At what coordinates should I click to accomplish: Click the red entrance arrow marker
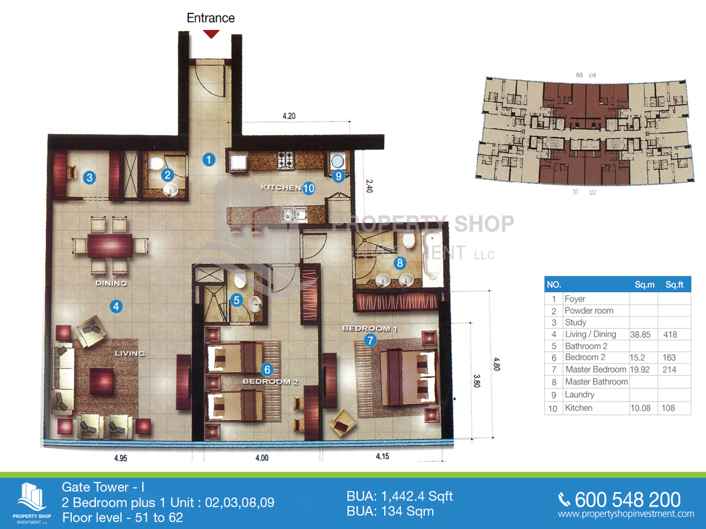211,34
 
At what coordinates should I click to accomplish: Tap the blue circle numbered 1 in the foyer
208,159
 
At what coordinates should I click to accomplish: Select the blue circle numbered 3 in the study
89,177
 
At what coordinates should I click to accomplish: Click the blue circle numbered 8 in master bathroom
400,263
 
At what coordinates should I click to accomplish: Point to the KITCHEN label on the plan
281,188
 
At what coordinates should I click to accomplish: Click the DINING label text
111,283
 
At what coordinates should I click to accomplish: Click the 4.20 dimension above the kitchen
288,116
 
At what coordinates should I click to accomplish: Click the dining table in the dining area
110,246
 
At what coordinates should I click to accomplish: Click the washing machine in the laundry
338,161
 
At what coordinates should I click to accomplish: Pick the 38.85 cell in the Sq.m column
642,334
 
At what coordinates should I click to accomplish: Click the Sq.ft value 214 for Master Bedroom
670,370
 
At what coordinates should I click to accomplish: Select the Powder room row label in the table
588,310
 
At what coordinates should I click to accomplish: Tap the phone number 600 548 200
627,500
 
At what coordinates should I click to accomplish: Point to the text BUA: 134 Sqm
390,511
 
